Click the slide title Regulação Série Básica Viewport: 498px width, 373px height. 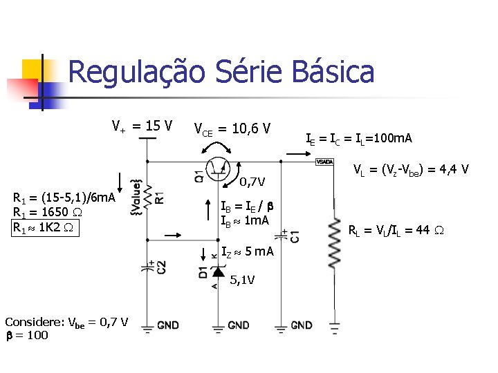[221, 73]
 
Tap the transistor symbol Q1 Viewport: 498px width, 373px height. [221, 166]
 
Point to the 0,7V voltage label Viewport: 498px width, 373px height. [252, 182]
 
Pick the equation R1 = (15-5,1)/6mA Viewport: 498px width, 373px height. [64, 198]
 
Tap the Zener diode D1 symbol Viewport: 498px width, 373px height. [221, 270]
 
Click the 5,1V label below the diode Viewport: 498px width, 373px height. [241, 280]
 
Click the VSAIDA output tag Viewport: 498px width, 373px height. [324, 162]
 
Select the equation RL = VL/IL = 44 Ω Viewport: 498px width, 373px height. [398, 231]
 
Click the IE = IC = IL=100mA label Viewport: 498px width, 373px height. [359, 140]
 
